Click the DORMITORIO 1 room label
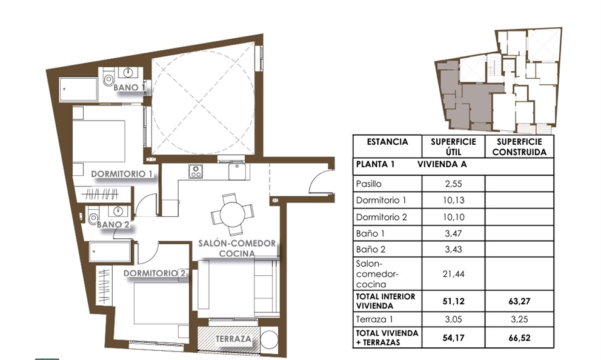click(121, 174)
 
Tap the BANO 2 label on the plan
click(113, 224)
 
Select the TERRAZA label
click(233, 339)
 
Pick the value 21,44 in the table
click(454, 274)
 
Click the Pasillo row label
click(370, 184)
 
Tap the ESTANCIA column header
click(387, 142)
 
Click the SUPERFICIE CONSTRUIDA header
click(520, 147)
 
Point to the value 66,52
click(519, 338)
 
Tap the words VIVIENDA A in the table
click(442, 164)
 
